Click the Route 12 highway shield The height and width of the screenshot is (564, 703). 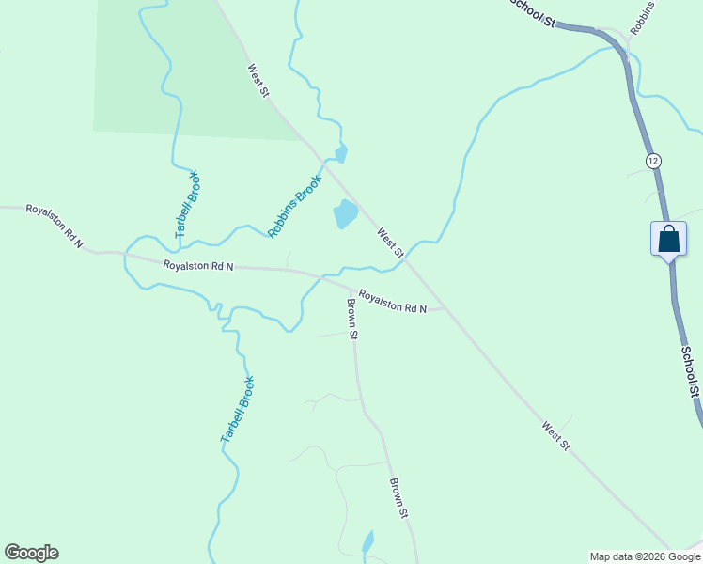(653, 162)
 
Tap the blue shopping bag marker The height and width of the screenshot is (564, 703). (668, 238)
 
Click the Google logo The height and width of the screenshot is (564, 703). (31, 553)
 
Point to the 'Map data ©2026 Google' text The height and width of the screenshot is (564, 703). (646, 556)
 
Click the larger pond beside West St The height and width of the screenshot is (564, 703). (345, 214)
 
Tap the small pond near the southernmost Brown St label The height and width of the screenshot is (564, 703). (367, 543)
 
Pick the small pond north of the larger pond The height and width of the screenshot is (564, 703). (341, 151)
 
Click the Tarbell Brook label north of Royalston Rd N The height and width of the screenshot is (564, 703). (187, 203)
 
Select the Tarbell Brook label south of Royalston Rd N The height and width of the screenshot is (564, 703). (238, 410)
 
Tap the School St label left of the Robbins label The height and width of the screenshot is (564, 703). (533, 13)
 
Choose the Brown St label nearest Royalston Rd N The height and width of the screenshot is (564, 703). (352, 320)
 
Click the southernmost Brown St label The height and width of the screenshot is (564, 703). (399, 498)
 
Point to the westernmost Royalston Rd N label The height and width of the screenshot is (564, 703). (55, 226)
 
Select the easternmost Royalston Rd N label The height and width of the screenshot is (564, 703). (393, 301)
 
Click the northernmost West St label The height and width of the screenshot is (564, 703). (258, 80)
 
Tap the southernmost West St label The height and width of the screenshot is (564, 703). (555, 434)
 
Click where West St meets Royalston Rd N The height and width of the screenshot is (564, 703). (442, 305)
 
